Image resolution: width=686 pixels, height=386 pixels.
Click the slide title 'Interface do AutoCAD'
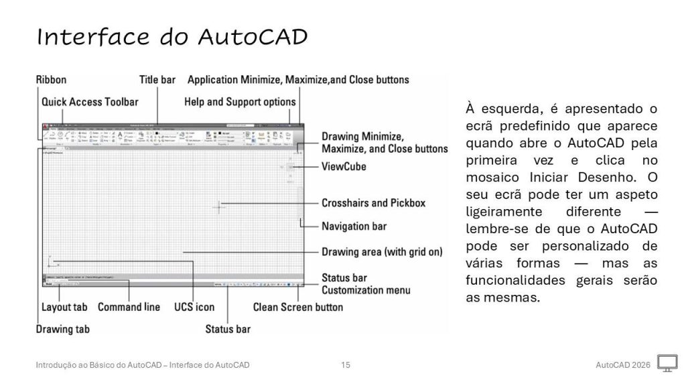(x=172, y=37)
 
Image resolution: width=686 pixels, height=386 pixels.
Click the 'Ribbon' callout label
(x=51, y=80)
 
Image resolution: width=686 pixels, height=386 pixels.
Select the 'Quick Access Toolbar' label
(x=90, y=102)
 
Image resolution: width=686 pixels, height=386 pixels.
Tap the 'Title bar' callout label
(x=157, y=80)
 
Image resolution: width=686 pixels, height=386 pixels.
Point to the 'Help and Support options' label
(x=240, y=102)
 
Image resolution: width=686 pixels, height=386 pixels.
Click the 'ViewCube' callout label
(x=344, y=166)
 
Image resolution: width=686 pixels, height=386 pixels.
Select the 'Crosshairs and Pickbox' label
(x=373, y=202)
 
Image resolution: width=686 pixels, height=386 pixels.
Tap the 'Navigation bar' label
(x=354, y=226)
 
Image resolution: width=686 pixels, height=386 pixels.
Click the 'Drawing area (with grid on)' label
(x=383, y=253)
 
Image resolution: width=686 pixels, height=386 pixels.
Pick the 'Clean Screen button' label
(x=297, y=308)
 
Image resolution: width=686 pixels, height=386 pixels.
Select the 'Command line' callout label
(x=129, y=308)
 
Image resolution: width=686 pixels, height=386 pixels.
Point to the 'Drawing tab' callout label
(x=62, y=329)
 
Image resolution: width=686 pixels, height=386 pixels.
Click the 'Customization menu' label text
(x=366, y=290)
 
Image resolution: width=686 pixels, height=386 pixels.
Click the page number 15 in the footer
(x=346, y=365)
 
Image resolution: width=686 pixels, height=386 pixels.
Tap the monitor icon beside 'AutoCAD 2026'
(x=667, y=364)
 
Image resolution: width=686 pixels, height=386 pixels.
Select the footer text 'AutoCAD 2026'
(x=622, y=365)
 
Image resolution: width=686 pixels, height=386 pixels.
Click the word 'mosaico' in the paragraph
(x=494, y=178)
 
